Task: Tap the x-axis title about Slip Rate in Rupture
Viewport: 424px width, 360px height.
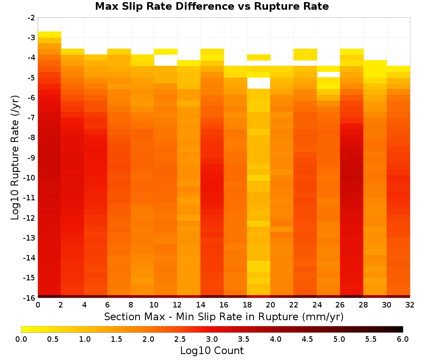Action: click(x=223, y=316)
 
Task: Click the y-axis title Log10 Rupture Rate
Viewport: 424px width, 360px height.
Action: click(x=15, y=158)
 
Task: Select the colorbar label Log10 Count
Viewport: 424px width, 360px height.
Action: click(x=212, y=351)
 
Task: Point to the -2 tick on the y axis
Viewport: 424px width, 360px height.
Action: click(x=31, y=18)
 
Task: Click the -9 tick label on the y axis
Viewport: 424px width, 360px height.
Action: click(x=31, y=158)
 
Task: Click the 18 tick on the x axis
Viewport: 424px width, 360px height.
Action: click(x=247, y=305)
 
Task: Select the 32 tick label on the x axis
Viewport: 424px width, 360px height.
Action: click(x=410, y=305)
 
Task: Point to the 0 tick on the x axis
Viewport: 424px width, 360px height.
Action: click(x=38, y=305)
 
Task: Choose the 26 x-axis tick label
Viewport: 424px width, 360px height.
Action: click(x=340, y=305)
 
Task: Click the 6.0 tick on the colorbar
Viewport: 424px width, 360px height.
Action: click(x=403, y=339)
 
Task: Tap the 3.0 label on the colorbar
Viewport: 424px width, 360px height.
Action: click(x=212, y=339)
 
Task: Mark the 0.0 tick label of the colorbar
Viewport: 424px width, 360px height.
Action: click(x=21, y=339)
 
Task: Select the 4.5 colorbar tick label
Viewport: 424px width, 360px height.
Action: click(x=307, y=339)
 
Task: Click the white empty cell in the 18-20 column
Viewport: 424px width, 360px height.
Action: click(x=259, y=83)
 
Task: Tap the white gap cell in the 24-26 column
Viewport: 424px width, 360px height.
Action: click(x=328, y=75)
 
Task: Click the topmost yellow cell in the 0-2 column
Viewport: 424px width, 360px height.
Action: click(x=50, y=35)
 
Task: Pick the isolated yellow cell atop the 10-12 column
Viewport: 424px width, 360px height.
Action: click(x=165, y=52)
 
